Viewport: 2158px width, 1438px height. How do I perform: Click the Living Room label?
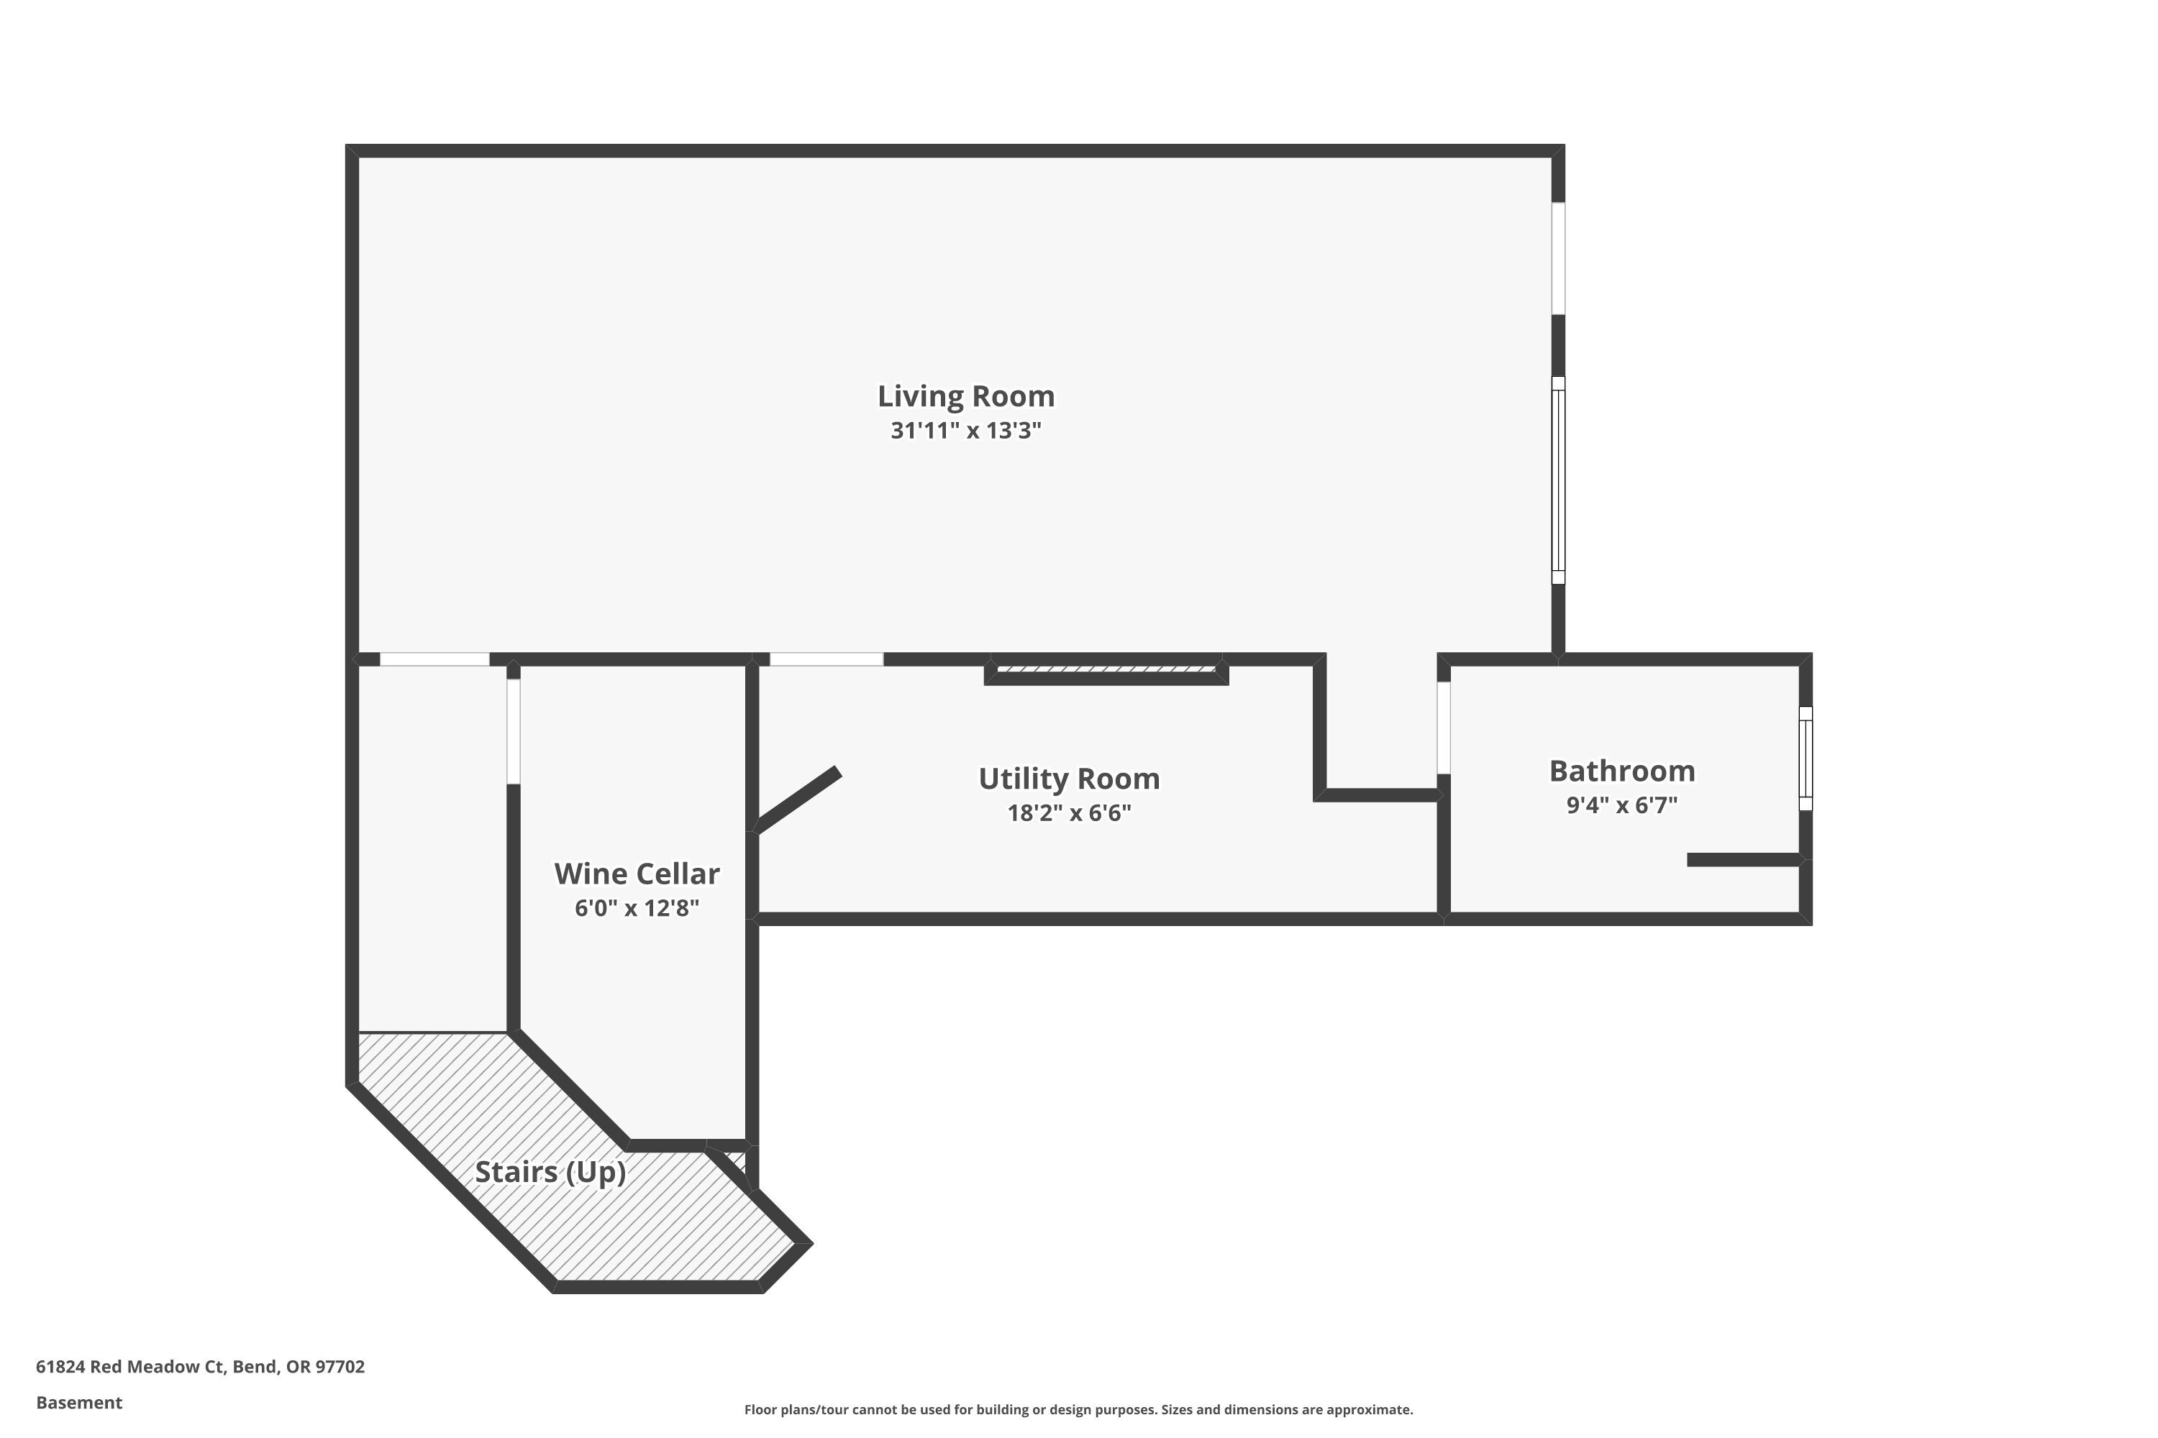tap(965, 396)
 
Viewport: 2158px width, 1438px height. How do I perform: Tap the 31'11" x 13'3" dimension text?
tap(965, 430)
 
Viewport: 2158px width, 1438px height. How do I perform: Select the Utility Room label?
tap(1069, 779)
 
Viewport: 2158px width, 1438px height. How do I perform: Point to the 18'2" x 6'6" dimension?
tap(1069, 812)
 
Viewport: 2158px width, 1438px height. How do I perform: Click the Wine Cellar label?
tap(636, 873)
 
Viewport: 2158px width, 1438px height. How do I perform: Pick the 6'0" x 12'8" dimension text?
tap(637, 908)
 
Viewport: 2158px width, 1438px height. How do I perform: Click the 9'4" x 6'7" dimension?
tap(1621, 805)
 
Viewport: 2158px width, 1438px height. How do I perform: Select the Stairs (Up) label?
tap(550, 1172)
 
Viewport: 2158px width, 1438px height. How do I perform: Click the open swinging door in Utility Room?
tap(796, 800)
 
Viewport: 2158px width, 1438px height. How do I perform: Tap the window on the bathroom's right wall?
tap(1805, 759)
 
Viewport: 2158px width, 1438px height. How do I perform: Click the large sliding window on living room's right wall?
tap(1557, 480)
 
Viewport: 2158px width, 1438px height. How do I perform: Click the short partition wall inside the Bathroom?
tap(1743, 859)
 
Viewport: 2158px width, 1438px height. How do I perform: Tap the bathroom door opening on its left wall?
tap(1442, 727)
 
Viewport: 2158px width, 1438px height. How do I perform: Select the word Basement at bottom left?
tap(79, 1402)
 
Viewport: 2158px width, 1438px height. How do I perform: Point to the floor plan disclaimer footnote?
tap(1078, 1409)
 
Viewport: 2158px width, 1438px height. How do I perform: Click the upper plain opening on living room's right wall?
tap(1557, 259)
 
